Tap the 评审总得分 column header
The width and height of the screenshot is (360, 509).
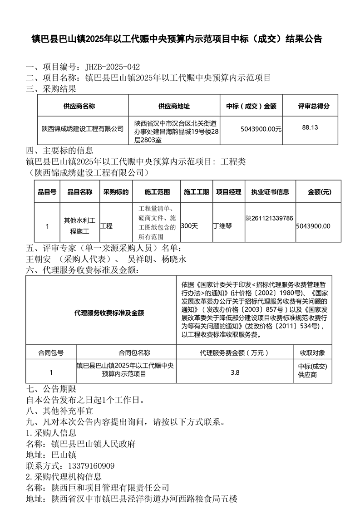coord(314,106)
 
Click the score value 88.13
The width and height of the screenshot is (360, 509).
coord(310,127)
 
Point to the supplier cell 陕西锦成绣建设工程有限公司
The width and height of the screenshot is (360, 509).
coord(82,129)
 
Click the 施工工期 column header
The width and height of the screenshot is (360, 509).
coord(197,192)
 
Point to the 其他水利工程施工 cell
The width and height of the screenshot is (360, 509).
coord(79,226)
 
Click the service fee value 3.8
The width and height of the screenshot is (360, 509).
coord(235,372)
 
